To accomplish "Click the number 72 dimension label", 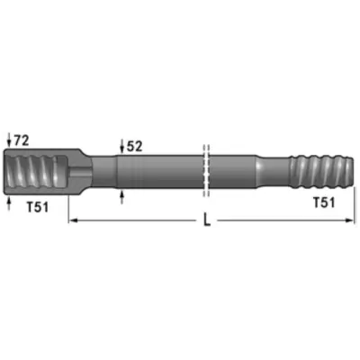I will click(23, 141).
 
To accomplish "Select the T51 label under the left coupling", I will click(36, 208).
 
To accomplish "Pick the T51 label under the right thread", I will click(325, 202).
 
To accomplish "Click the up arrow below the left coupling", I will click(9, 204).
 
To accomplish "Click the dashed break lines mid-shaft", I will click(206, 169).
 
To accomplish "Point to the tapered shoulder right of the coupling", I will click(99, 170).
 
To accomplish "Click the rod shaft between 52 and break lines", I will click(162, 170).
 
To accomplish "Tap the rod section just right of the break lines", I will click(238, 170).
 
